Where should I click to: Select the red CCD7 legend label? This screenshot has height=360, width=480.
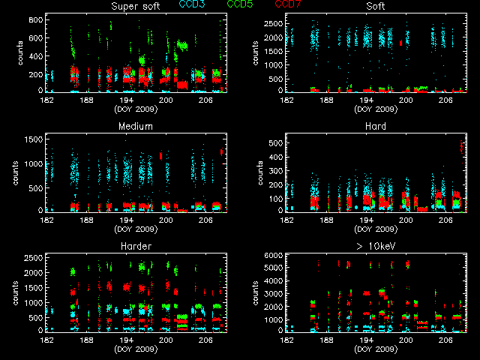pyautogui.click(x=289, y=4)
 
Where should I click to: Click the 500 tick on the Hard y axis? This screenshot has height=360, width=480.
pyautogui.click(x=275, y=142)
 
